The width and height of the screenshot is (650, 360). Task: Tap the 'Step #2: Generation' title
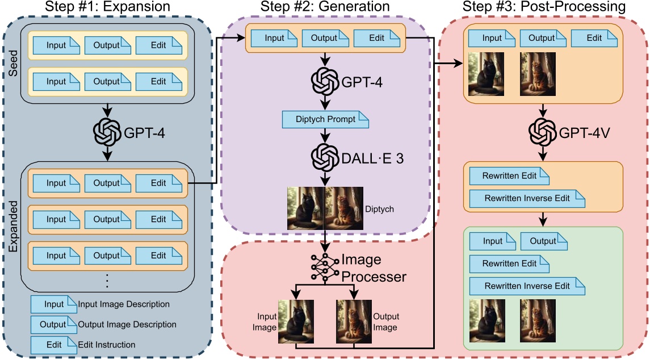325,7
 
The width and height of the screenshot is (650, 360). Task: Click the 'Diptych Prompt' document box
325,120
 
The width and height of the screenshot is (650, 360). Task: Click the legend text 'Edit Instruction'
107,344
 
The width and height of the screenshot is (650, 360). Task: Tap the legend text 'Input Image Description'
124,304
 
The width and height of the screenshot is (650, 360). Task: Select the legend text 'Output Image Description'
127,324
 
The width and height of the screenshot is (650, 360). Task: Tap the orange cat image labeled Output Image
353,321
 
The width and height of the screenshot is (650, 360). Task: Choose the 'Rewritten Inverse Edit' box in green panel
527,286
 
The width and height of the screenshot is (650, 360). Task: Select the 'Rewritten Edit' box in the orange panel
509,176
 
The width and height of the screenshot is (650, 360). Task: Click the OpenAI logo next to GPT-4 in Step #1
107,133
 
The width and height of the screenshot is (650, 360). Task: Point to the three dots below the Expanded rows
107,280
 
